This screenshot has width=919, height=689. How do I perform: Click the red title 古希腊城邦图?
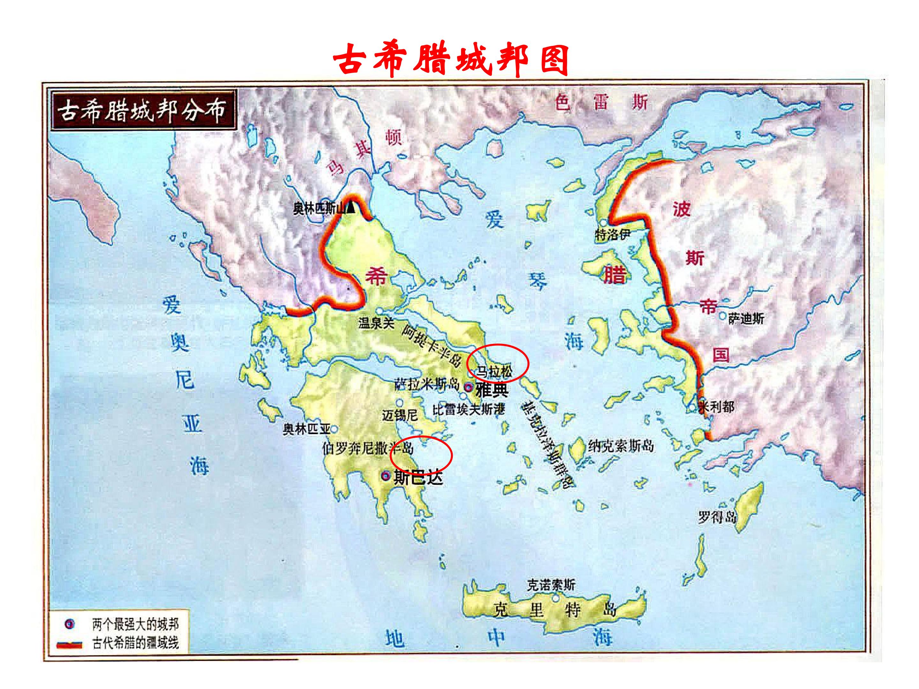point(451,61)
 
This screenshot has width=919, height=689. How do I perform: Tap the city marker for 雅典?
point(468,388)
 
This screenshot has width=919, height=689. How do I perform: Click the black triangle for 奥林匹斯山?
point(351,207)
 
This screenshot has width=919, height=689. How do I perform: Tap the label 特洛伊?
point(613,235)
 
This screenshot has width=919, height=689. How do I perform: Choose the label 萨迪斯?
point(746,319)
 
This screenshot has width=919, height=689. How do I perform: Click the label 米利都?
point(717,407)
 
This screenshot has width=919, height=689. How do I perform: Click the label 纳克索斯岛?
point(620,446)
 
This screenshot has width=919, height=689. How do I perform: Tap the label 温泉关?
point(376,323)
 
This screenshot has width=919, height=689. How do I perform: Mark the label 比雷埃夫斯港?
point(469,410)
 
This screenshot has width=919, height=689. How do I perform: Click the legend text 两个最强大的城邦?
point(135,624)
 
